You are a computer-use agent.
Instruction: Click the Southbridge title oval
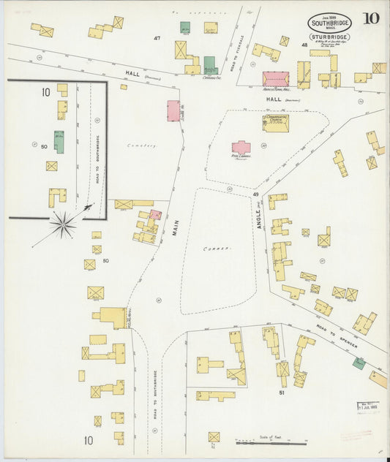[x=329, y=22]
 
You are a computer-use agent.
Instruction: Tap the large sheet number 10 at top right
[x=370, y=18]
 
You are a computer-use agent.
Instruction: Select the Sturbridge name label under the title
[x=329, y=37]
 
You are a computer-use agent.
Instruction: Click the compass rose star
[x=64, y=224]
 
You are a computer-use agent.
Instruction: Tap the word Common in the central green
[x=217, y=249]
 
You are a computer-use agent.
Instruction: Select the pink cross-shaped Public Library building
[x=241, y=148]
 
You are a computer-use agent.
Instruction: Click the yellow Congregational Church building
[x=276, y=123]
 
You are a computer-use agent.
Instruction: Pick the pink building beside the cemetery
[x=173, y=110]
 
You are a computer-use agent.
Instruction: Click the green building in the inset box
[x=59, y=142]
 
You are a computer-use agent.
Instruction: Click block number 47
[x=157, y=37]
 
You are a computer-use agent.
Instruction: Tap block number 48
[x=304, y=45]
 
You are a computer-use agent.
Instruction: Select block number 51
[x=281, y=393]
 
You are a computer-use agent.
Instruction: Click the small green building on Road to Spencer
[x=359, y=363]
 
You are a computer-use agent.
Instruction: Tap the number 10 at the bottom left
[x=89, y=440]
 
